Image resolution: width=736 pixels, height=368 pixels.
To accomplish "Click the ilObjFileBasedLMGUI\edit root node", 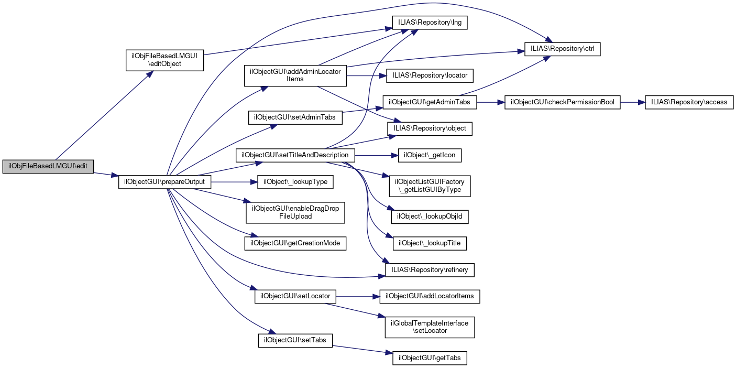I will (48, 167).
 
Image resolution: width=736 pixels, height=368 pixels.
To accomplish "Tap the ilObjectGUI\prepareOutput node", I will (165, 182).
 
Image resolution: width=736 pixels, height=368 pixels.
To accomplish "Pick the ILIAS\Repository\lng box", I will (430, 23).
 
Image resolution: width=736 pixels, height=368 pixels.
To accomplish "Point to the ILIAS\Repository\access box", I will (689, 102).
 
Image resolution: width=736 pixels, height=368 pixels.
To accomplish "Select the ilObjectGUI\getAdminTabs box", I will (430, 102).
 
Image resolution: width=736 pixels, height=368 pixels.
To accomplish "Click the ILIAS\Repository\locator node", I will (430, 75).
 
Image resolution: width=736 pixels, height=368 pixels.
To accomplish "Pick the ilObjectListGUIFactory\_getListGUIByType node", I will (430, 186).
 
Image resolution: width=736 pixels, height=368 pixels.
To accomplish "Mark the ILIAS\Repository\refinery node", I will (430, 270).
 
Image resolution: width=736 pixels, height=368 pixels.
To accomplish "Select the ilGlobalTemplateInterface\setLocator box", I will (430, 327).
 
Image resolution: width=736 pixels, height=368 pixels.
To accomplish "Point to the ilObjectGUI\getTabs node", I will (430, 358).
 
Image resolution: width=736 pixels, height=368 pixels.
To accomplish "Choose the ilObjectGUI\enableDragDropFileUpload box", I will (296, 212).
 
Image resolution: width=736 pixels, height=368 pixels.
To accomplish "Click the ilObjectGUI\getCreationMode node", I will (295, 243).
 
